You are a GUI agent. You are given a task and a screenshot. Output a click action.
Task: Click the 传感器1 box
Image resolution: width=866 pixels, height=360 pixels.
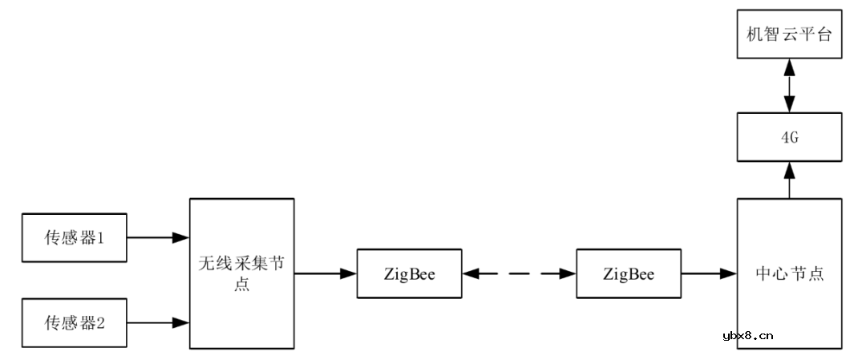click(x=74, y=238)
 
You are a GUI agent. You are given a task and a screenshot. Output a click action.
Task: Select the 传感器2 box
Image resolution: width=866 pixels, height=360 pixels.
click(x=74, y=323)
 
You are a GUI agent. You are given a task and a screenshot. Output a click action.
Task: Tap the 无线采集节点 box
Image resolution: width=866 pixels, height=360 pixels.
click(x=241, y=273)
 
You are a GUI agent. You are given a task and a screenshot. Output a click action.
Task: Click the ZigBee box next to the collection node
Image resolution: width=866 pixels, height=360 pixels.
click(x=410, y=274)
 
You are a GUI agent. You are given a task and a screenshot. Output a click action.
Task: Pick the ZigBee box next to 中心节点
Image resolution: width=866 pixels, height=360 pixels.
click(x=629, y=274)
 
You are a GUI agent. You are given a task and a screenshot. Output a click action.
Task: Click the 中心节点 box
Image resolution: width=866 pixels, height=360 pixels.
click(x=789, y=273)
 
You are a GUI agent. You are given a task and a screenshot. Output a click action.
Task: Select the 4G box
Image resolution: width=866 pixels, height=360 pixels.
click(x=789, y=137)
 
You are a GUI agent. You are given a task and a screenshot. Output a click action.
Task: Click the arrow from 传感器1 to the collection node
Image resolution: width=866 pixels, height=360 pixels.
click(x=158, y=238)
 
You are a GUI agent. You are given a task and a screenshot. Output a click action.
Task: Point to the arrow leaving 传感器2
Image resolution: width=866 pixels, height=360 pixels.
click(x=158, y=323)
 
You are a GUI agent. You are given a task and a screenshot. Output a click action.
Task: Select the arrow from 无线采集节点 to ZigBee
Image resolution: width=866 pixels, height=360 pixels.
click(x=325, y=274)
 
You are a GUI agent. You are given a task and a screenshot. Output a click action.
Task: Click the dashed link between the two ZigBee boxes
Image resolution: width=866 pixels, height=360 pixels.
click(x=520, y=274)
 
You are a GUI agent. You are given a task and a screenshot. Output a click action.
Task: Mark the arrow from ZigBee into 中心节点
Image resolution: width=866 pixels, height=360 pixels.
click(x=709, y=274)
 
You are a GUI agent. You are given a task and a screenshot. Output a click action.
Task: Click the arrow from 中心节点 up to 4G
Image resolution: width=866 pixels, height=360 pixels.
click(x=789, y=180)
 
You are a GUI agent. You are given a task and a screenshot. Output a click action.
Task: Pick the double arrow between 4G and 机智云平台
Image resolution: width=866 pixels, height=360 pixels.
click(x=789, y=85)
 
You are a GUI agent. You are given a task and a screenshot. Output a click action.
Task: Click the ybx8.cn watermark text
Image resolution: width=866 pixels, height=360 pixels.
click(x=747, y=336)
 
